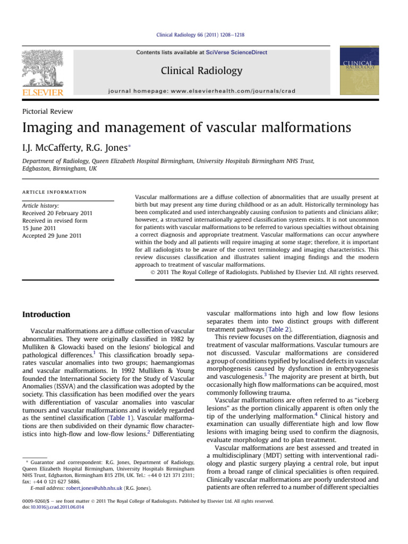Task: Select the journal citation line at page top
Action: (204, 35)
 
